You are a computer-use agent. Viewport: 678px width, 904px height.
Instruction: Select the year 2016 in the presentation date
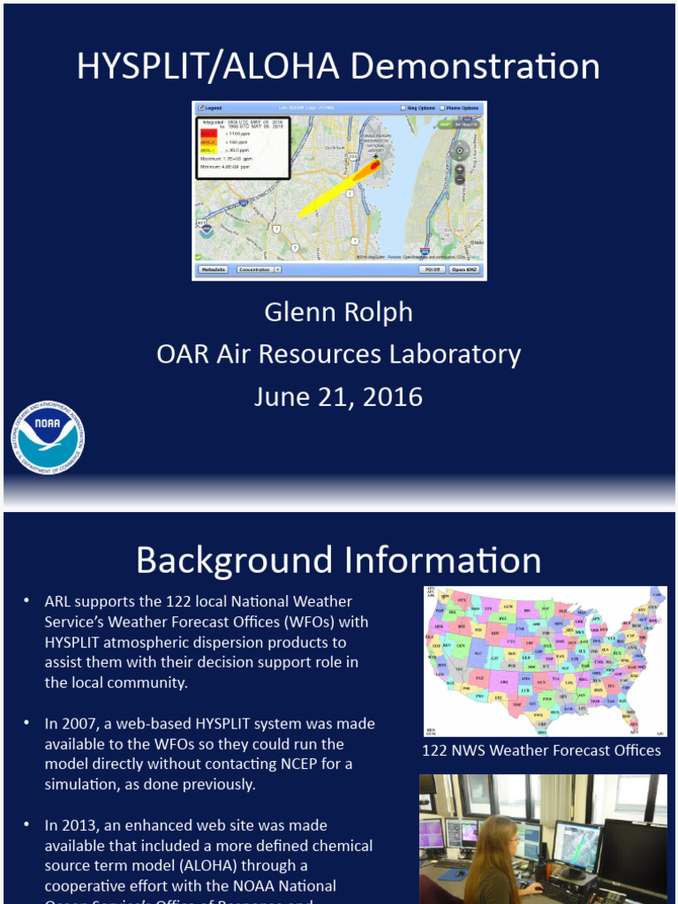(390, 396)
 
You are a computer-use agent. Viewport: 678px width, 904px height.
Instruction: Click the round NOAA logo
(48, 438)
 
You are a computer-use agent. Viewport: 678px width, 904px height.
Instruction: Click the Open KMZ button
(464, 269)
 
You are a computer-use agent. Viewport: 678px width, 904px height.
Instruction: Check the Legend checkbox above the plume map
(201, 108)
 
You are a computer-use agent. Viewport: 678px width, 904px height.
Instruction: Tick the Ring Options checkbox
(403, 108)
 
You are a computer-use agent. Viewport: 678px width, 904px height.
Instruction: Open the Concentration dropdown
(259, 269)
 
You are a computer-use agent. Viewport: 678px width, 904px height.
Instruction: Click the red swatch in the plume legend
(208, 132)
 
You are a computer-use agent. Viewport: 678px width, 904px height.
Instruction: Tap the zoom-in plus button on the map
(459, 168)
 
